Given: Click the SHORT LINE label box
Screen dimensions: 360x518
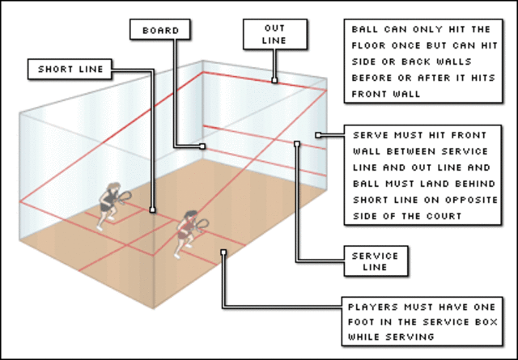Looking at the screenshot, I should click(70, 69).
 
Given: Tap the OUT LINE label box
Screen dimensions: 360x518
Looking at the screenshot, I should click(274, 35).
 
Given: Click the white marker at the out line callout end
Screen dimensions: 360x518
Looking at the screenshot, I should click(274, 80).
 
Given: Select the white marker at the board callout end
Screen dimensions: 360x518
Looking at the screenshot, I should click(202, 146).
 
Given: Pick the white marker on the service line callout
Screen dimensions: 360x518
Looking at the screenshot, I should click(297, 144).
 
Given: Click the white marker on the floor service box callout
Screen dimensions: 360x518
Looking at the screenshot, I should click(223, 252).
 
